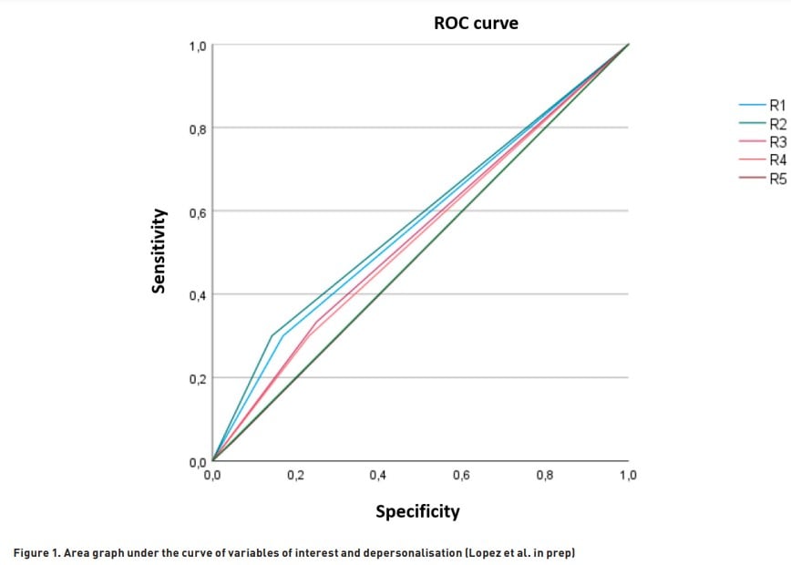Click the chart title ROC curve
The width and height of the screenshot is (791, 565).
tap(476, 24)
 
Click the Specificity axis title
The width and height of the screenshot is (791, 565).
tap(418, 511)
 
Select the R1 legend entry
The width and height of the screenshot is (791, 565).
tap(776, 106)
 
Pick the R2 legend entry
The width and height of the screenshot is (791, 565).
tap(776, 124)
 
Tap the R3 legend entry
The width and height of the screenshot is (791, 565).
tap(776, 142)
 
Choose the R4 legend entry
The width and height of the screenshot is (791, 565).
tap(776, 160)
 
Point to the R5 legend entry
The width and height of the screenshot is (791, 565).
tap(776, 179)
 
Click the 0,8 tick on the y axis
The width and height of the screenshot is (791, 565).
tap(197, 129)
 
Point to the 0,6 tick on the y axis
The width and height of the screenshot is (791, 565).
tap(197, 213)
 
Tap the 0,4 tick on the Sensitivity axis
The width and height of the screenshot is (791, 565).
tap(197, 296)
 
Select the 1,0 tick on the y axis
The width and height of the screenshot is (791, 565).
tap(197, 46)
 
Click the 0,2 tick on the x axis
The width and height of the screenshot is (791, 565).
tap(295, 476)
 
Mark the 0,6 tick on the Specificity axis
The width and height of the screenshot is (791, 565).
tap(462, 476)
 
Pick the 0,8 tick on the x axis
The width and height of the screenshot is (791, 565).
tap(545, 476)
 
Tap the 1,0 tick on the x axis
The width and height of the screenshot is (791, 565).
tap(629, 476)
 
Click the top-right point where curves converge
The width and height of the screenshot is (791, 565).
tap(629, 44)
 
